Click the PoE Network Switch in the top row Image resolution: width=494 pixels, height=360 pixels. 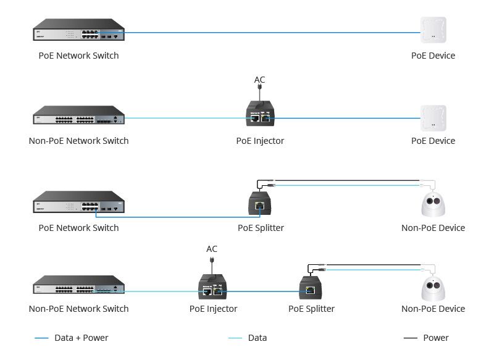click(78, 32)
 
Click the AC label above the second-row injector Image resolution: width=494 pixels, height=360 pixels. click(260, 80)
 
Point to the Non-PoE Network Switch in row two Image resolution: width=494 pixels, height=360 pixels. click(78, 117)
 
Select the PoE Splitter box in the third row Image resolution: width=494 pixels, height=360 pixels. click(260, 203)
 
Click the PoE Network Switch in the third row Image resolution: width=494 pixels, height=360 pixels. click(78, 204)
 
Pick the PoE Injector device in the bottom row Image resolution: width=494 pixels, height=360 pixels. click(213, 286)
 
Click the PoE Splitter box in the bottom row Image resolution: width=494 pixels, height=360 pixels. click(311, 288)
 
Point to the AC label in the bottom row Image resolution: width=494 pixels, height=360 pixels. click(212, 249)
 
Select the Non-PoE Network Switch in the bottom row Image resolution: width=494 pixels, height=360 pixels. click(78, 287)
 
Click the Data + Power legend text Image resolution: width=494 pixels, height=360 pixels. click(81, 338)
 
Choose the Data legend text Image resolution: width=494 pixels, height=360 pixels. click(257, 338)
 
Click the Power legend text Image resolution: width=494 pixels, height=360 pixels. click(436, 338)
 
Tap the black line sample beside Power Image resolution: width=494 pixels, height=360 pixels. click(410, 338)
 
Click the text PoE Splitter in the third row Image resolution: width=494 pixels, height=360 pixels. click(261, 228)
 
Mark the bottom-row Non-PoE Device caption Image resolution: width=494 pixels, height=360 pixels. click(433, 309)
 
